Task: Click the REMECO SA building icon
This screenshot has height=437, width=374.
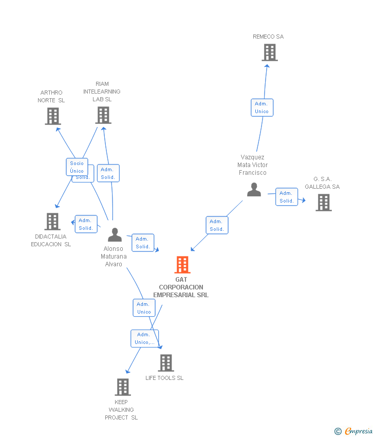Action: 269,52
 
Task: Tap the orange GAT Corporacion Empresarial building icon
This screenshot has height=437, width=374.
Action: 182,265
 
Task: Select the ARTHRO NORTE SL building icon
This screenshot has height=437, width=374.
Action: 52,116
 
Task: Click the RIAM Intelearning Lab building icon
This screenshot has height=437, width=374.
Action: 103,115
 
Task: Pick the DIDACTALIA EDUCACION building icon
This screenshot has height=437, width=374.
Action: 52,222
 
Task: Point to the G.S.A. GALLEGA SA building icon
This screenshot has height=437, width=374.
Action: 323,203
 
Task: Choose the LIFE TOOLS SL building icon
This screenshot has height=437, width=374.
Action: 165,363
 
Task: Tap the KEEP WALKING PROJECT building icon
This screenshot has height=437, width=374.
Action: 122,387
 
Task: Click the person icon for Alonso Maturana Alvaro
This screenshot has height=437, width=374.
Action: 115,235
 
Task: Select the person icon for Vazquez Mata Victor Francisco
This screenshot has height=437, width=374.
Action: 254,190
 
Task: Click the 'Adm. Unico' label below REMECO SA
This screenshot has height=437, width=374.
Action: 261,107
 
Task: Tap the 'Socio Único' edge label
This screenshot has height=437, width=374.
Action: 77,167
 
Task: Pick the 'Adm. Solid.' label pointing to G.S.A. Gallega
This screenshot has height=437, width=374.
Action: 286,197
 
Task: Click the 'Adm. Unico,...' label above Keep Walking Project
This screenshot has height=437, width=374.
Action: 144,338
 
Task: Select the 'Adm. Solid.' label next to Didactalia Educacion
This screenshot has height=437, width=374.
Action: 86,224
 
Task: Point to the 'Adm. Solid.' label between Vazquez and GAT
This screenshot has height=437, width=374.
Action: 217,225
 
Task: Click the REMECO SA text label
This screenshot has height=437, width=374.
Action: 268,37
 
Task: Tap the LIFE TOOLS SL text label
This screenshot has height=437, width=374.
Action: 164,378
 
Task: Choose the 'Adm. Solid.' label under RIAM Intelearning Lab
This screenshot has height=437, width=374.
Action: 108,173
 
